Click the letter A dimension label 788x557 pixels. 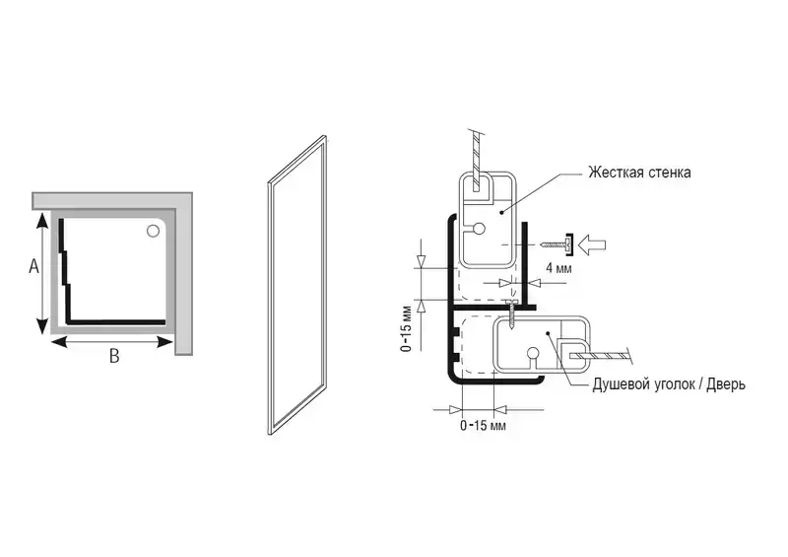[33, 266]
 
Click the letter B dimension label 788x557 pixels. [114, 357]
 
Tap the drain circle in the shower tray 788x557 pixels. [153, 232]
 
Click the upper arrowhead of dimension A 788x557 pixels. [42, 223]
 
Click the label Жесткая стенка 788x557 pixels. [639, 173]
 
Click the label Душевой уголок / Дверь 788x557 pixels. [669, 383]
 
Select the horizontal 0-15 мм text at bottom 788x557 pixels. [483, 426]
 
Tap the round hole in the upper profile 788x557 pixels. [478, 228]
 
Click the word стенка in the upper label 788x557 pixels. [669, 173]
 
